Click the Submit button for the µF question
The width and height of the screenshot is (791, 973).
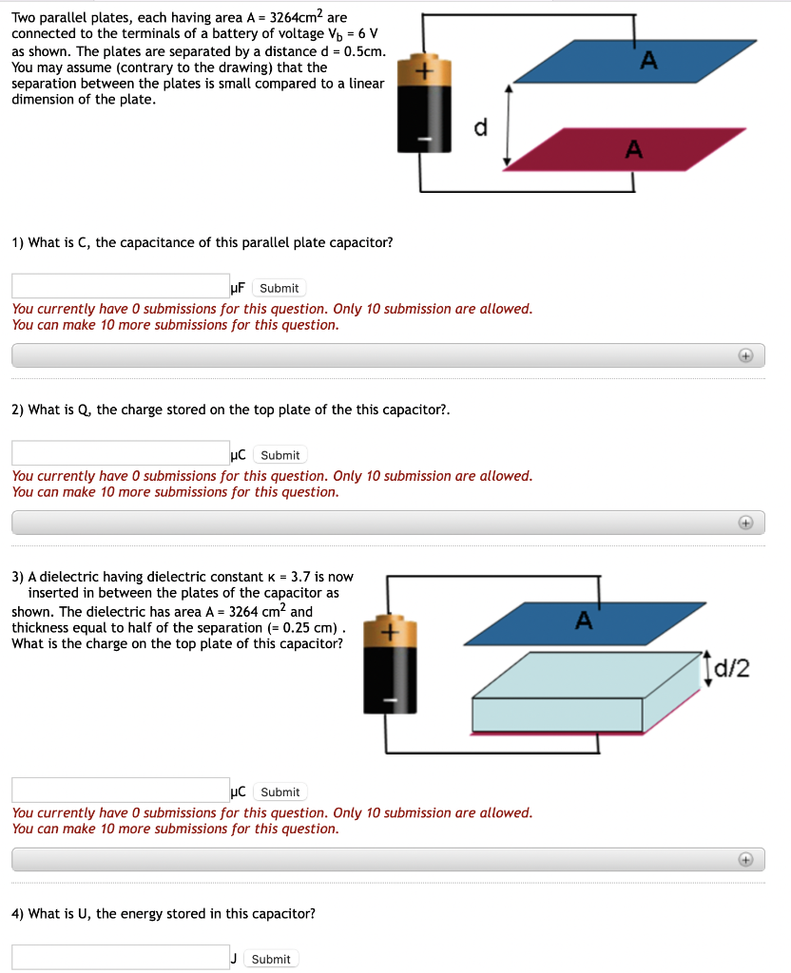tap(279, 288)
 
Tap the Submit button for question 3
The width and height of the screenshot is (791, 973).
tap(280, 792)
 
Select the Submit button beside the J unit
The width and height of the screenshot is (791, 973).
tap(271, 959)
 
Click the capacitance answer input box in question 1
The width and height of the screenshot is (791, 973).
tap(121, 286)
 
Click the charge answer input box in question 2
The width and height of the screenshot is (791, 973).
tap(121, 453)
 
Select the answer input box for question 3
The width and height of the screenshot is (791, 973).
tap(121, 790)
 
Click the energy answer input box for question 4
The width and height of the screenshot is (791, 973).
tap(121, 957)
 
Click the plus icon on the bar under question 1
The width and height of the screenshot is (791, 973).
tap(746, 355)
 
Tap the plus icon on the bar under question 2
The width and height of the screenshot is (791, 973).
tap(746, 523)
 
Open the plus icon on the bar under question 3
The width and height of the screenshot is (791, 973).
tap(746, 859)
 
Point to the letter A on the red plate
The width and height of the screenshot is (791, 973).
tap(633, 149)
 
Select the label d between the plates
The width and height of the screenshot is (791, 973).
tap(480, 129)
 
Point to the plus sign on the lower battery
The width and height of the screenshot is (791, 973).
tap(388, 632)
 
